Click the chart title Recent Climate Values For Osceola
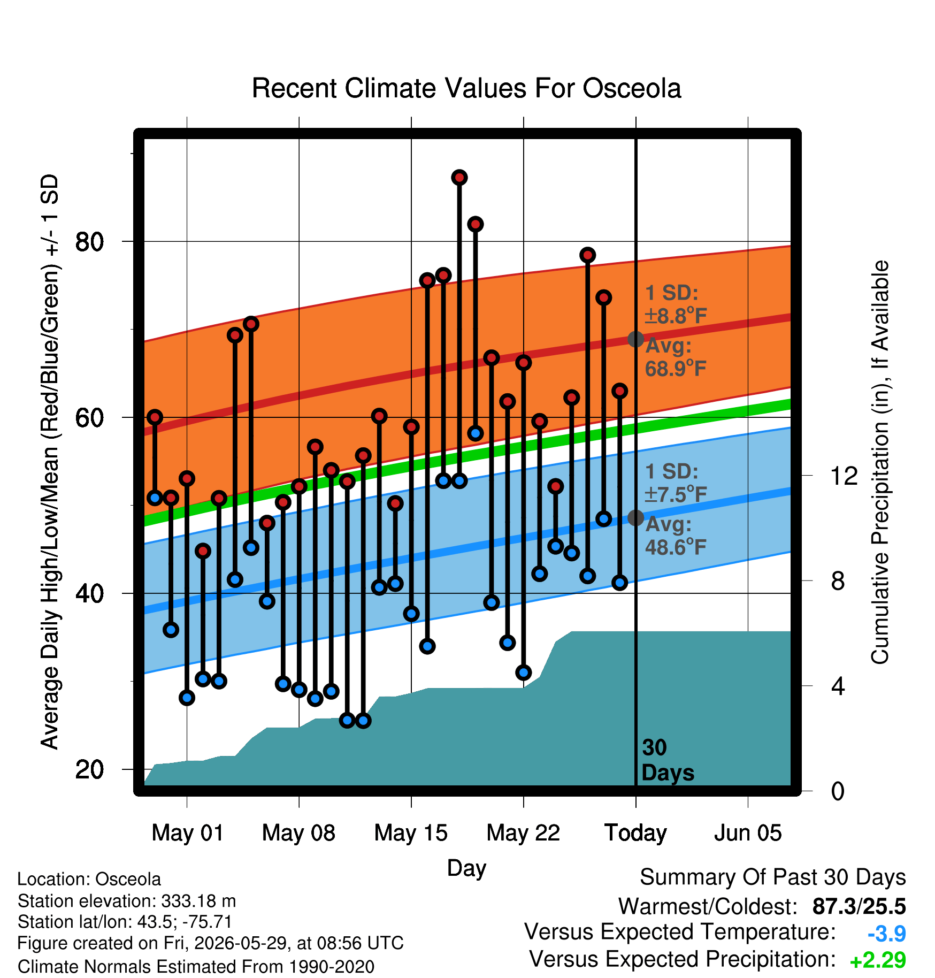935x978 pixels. (x=466, y=88)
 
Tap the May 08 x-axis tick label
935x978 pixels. (x=298, y=833)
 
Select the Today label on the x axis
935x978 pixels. (x=635, y=833)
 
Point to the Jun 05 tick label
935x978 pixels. (x=748, y=833)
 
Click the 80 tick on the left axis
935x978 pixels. (x=89, y=242)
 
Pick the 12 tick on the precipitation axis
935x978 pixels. (x=844, y=476)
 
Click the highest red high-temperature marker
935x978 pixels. (x=459, y=177)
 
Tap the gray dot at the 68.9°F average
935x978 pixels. (x=635, y=339)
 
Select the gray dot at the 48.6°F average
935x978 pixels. (x=635, y=517)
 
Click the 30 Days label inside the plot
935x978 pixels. (x=668, y=760)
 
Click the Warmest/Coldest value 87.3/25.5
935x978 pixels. (x=859, y=906)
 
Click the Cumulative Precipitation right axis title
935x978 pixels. (x=880, y=462)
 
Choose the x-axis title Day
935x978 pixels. (x=466, y=868)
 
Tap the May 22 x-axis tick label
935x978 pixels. (x=523, y=833)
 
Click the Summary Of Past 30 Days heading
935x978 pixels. (x=773, y=877)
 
